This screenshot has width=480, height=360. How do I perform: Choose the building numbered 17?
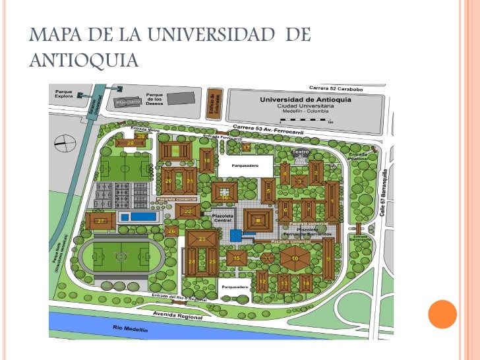click(247, 147)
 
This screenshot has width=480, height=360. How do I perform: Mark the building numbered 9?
click(328, 258)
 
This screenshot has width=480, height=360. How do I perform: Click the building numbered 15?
click(237, 258)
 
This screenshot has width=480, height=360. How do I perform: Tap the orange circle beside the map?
click(442, 314)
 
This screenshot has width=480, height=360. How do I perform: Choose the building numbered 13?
click(284, 284)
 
